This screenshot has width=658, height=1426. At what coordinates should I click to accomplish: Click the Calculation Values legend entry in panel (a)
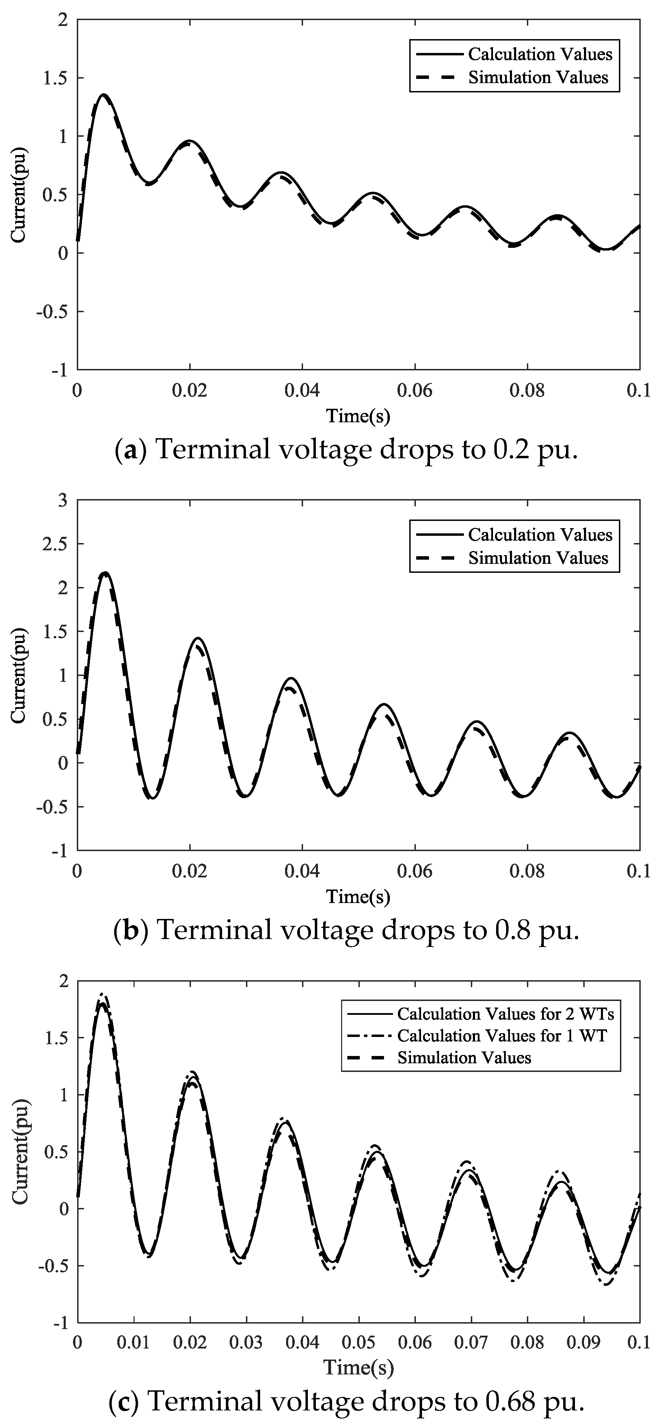540,54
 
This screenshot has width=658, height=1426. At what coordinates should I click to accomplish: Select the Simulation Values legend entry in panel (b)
538,558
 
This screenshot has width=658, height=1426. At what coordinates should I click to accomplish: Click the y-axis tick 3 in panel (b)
64,500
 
